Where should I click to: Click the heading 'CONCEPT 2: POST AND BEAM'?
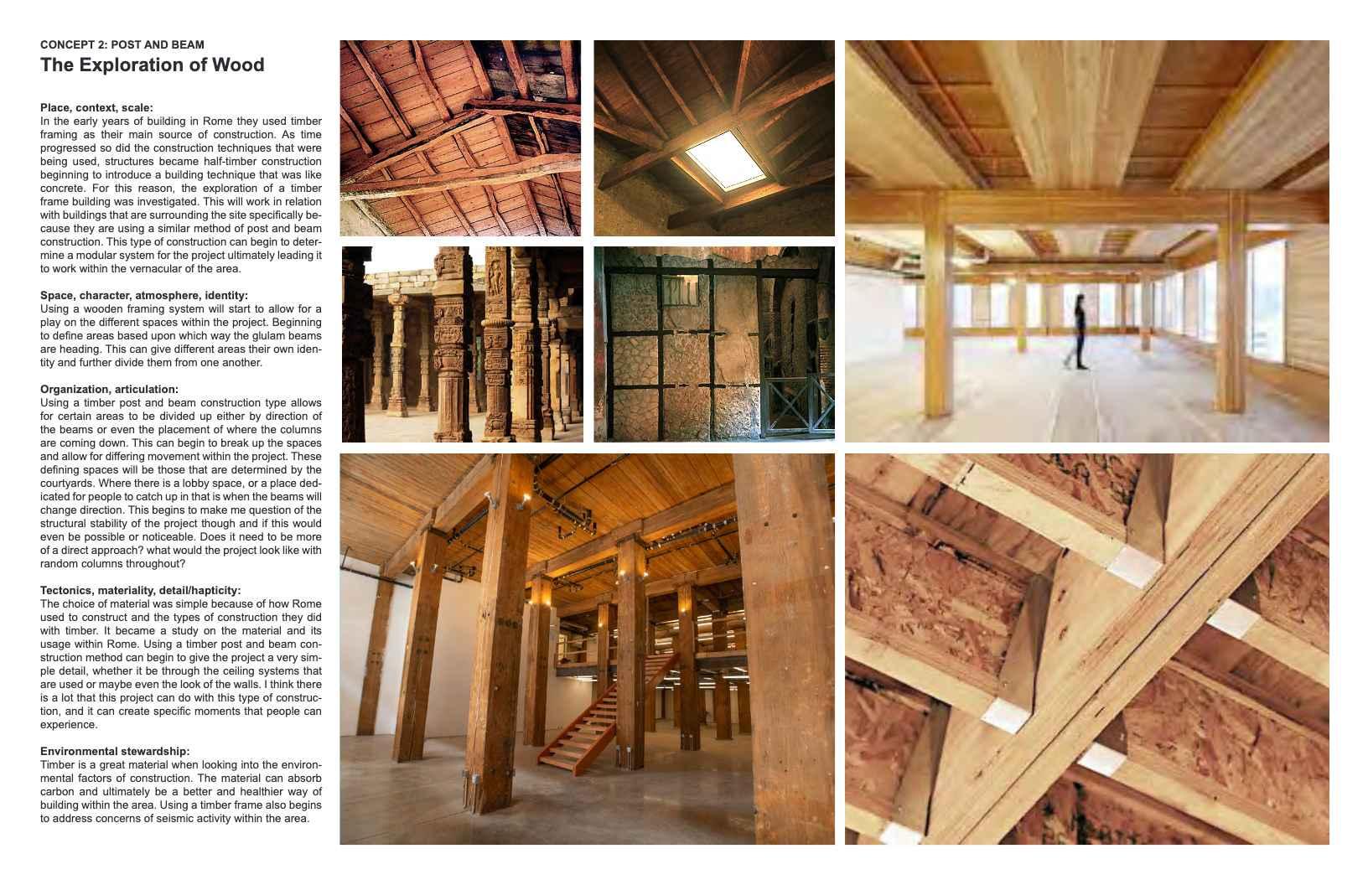click(122, 44)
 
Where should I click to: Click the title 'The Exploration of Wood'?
click(152, 65)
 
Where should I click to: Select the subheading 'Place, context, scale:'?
click(96, 107)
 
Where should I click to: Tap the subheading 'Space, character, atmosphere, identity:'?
click(144, 295)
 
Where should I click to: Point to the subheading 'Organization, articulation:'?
click(109, 389)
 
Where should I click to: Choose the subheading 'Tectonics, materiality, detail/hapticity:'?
click(140, 590)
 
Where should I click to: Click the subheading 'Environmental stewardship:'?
click(115, 751)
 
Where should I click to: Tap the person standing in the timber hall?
click(1080, 330)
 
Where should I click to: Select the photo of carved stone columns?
click(462, 344)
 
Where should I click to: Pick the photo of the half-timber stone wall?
click(713, 344)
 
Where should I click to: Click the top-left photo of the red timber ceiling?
click(460, 138)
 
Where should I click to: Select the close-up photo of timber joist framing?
click(1086, 649)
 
